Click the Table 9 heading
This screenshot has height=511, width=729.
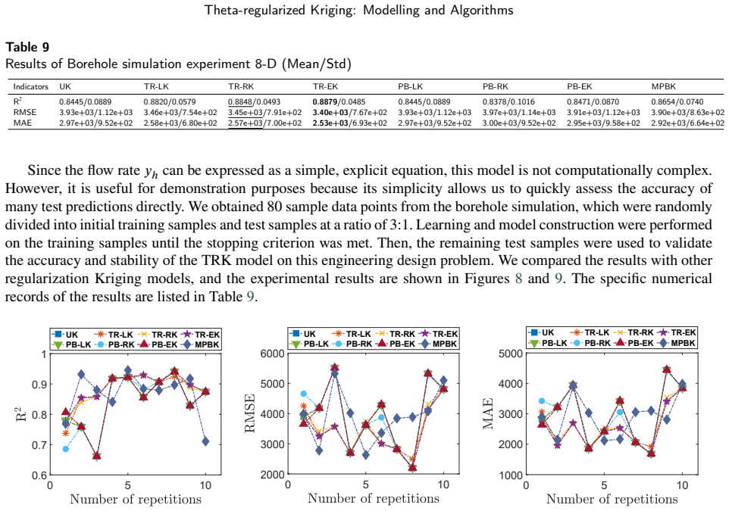pos(27,47)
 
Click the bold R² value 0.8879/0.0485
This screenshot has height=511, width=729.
pos(339,101)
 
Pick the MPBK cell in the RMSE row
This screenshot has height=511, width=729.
pos(687,112)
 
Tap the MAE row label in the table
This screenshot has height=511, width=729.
pos(21,123)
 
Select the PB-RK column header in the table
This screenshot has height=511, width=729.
pos(495,86)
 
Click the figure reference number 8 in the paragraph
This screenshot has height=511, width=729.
pos(519,279)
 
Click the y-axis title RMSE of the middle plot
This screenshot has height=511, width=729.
pos(250,413)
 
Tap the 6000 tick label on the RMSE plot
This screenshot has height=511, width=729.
pos(273,354)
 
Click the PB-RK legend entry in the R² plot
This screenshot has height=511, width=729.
pos(115,344)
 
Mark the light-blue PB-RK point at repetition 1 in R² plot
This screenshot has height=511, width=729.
pos(66,449)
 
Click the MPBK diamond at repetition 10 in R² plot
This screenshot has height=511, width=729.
pos(205,441)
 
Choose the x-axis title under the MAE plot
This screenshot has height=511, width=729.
pos(612,499)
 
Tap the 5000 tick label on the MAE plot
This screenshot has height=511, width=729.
pos(510,354)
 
